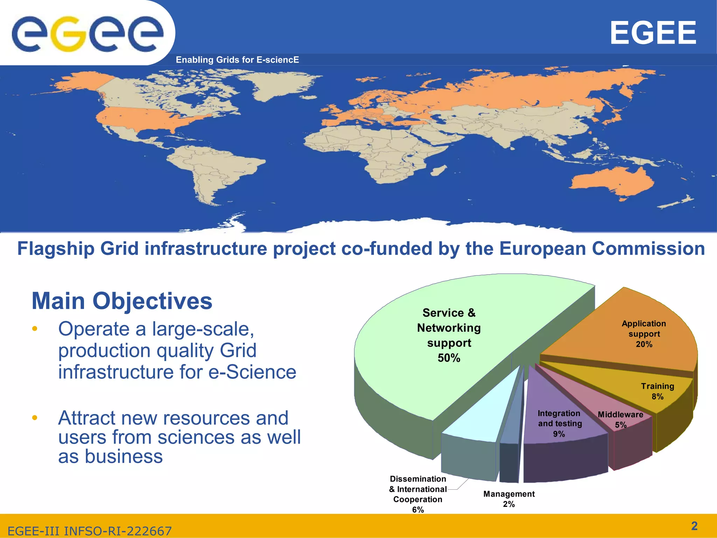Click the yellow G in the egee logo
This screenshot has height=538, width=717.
pos(69,34)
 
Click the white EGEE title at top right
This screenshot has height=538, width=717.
pos(653,33)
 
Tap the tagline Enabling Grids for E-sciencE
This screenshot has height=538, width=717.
pos(237,60)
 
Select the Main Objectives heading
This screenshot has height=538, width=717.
pos(122,301)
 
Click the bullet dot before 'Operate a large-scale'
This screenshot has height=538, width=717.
pos(34,329)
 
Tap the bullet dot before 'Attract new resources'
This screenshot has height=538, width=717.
pos(34,418)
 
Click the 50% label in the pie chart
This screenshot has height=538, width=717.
pos(449,358)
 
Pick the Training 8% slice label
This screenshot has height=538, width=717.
pos(657,391)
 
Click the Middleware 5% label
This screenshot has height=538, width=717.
pos(620,420)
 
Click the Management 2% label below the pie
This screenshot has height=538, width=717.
pos(509,499)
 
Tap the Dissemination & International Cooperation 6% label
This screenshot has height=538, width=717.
pos(418,494)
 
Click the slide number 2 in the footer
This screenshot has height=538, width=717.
pos(694,526)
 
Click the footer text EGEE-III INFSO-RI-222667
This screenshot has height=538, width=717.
pos(90,531)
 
